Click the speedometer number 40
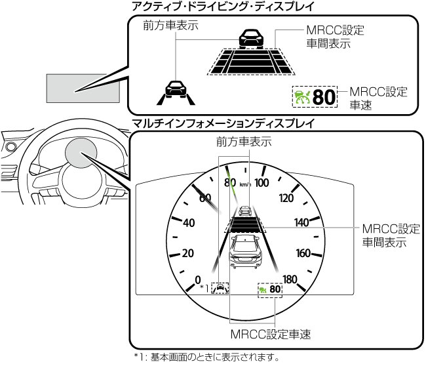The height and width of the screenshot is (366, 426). tap(189, 222)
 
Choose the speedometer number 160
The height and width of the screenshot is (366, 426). tap(303, 253)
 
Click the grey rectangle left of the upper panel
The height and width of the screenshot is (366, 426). tap(83, 88)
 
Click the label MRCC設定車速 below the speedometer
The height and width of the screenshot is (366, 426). tap(270, 335)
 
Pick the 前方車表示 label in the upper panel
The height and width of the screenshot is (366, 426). tap(170, 26)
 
